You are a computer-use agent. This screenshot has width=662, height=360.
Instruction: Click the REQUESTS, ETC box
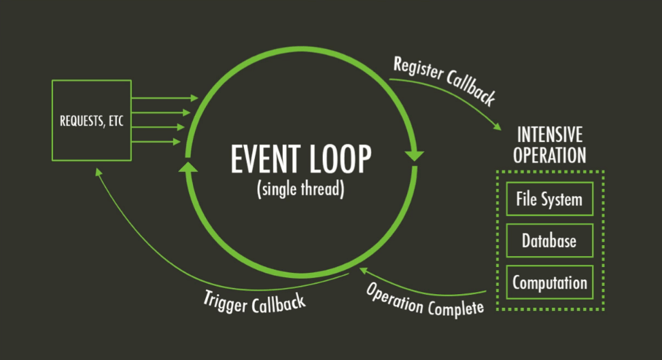[92, 121]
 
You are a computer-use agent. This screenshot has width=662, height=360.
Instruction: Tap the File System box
[549, 200]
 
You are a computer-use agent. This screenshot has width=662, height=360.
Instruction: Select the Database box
[549, 240]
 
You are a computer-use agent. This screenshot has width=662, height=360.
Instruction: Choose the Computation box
[549, 282]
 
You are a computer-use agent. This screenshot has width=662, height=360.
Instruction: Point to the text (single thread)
[301, 188]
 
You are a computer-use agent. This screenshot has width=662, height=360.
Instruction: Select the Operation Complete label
[425, 299]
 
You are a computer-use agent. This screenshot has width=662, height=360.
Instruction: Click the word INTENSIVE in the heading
[550, 134]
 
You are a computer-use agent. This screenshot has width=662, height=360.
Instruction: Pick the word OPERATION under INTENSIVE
[550, 155]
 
